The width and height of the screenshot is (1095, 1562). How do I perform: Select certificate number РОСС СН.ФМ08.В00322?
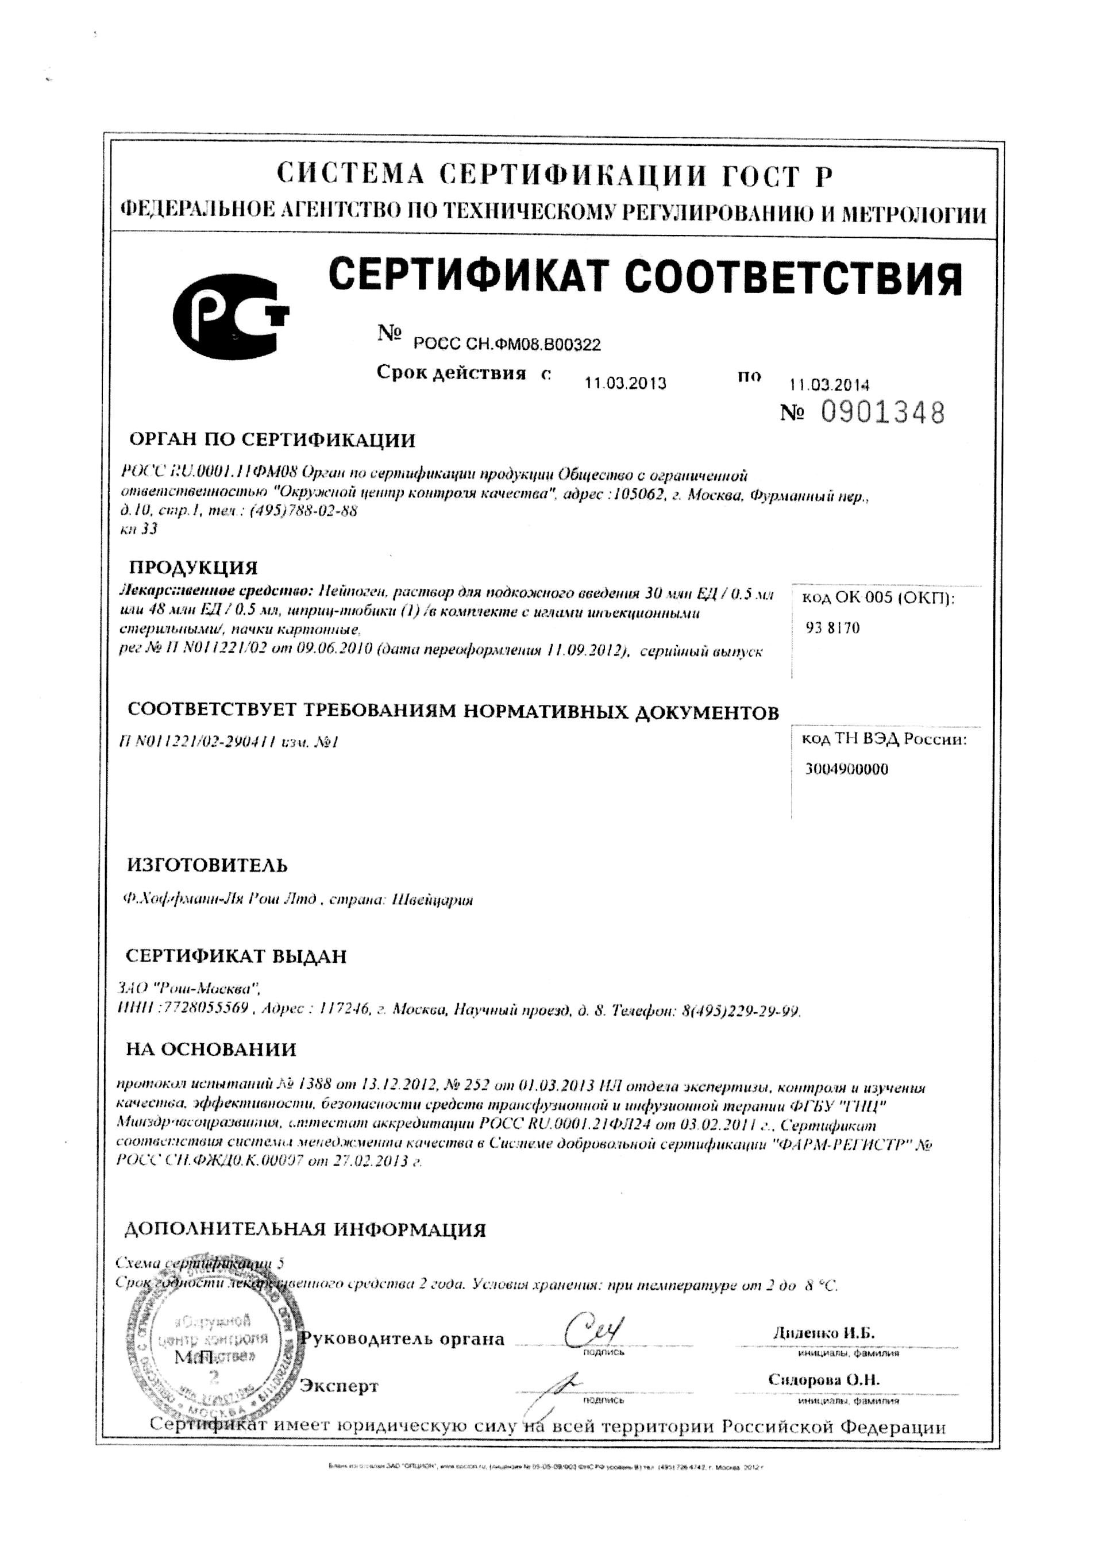click(x=507, y=345)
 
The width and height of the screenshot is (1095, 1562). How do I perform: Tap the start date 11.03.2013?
click(x=624, y=383)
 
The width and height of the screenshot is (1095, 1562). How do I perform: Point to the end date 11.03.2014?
click(x=829, y=384)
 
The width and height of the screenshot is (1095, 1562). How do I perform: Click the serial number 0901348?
click(x=882, y=413)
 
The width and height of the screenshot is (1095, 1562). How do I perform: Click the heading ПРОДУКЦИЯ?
click(x=193, y=568)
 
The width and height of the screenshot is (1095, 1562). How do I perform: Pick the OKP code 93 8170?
click(x=833, y=628)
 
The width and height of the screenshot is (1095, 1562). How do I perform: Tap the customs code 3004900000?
click(x=847, y=769)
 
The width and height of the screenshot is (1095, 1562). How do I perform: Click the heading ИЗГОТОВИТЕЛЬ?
click(x=207, y=865)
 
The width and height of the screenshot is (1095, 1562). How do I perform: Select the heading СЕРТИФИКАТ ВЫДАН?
click(x=236, y=957)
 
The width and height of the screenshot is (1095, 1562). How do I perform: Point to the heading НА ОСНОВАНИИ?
click(x=211, y=1049)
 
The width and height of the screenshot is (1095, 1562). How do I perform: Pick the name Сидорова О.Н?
click(x=823, y=1380)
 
